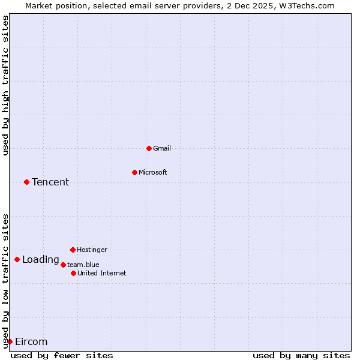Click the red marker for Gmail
pyautogui.click(x=149, y=148)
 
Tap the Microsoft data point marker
pyautogui.click(x=134, y=172)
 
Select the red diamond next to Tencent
pyautogui.click(x=26, y=182)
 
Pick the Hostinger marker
pyautogui.click(x=73, y=250)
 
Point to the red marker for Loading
pyautogui.click(x=17, y=260)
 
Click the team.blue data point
pyautogui.click(x=63, y=265)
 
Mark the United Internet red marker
pyautogui.click(x=73, y=273)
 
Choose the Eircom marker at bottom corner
pyautogui.click(x=10, y=341)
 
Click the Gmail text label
pyautogui.click(x=162, y=148)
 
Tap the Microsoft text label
pyautogui.click(x=153, y=172)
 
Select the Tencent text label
pyautogui.click(x=50, y=182)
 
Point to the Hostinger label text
pyautogui.click(x=92, y=250)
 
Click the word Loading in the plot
pyautogui.click(x=40, y=260)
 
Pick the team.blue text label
pyautogui.click(x=83, y=265)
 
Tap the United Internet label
pyautogui.click(x=101, y=273)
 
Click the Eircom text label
pyautogui.click(x=31, y=342)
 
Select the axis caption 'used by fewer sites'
pyautogui.click(x=62, y=355)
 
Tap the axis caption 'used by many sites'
pyautogui.click(x=301, y=355)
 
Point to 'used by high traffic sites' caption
pyautogui.click(x=5, y=86)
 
